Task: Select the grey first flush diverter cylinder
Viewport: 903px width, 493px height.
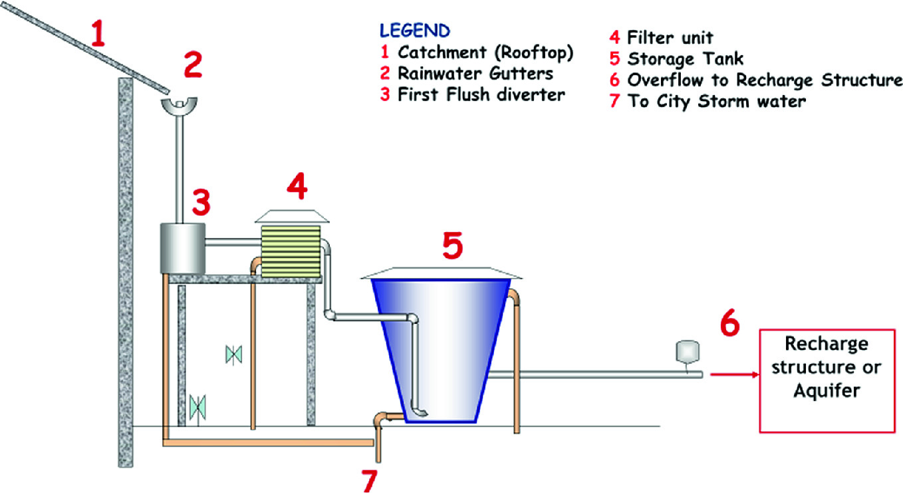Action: pos(182,247)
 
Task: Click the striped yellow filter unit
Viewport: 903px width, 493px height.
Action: pos(291,251)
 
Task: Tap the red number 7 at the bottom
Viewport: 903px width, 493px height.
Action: pos(369,480)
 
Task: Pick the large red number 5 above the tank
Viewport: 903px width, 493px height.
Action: pos(453,247)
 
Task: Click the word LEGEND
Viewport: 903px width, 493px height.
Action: pos(414,31)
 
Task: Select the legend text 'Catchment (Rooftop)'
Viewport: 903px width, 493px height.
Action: pos(485,53)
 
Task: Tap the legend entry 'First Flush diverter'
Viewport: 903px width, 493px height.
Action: pos(481,94)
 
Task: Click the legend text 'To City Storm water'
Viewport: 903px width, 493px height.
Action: pos(716,102)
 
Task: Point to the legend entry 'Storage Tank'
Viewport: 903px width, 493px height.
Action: pos(685,59)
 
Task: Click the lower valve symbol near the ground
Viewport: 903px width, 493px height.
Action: pos(197,405)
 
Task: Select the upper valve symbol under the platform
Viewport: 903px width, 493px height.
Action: pos(233,354)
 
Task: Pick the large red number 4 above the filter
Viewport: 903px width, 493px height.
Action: pos(297,188)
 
